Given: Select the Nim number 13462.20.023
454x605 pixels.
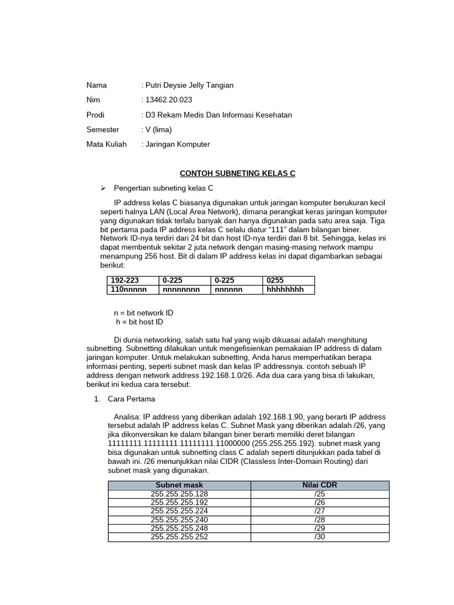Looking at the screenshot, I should tap(168, 100).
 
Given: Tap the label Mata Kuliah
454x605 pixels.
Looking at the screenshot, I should tap(106, 144).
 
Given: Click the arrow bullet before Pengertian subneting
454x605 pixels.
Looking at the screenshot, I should tap(102, 188).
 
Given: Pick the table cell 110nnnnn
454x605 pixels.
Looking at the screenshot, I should tap(128, 290).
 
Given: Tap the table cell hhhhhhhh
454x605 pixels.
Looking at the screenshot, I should tap(285, 290).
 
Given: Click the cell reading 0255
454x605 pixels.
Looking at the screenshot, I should tap(275, 281).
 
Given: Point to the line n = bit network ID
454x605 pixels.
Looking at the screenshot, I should tap(143, 313).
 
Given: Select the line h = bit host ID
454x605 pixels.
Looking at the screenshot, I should tap(140, 322).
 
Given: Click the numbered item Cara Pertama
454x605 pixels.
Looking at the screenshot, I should tap(131, 399).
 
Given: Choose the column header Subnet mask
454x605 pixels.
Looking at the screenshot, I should tap(179, 485).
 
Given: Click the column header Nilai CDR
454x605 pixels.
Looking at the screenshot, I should tap(320, 485).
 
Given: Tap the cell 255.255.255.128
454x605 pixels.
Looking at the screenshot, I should tap(179, 494).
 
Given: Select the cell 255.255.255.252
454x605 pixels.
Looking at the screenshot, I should tap(179, 537).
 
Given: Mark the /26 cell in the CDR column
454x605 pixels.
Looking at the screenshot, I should tap(320, 503).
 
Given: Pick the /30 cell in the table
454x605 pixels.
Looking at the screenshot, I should tap(320, 537).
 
